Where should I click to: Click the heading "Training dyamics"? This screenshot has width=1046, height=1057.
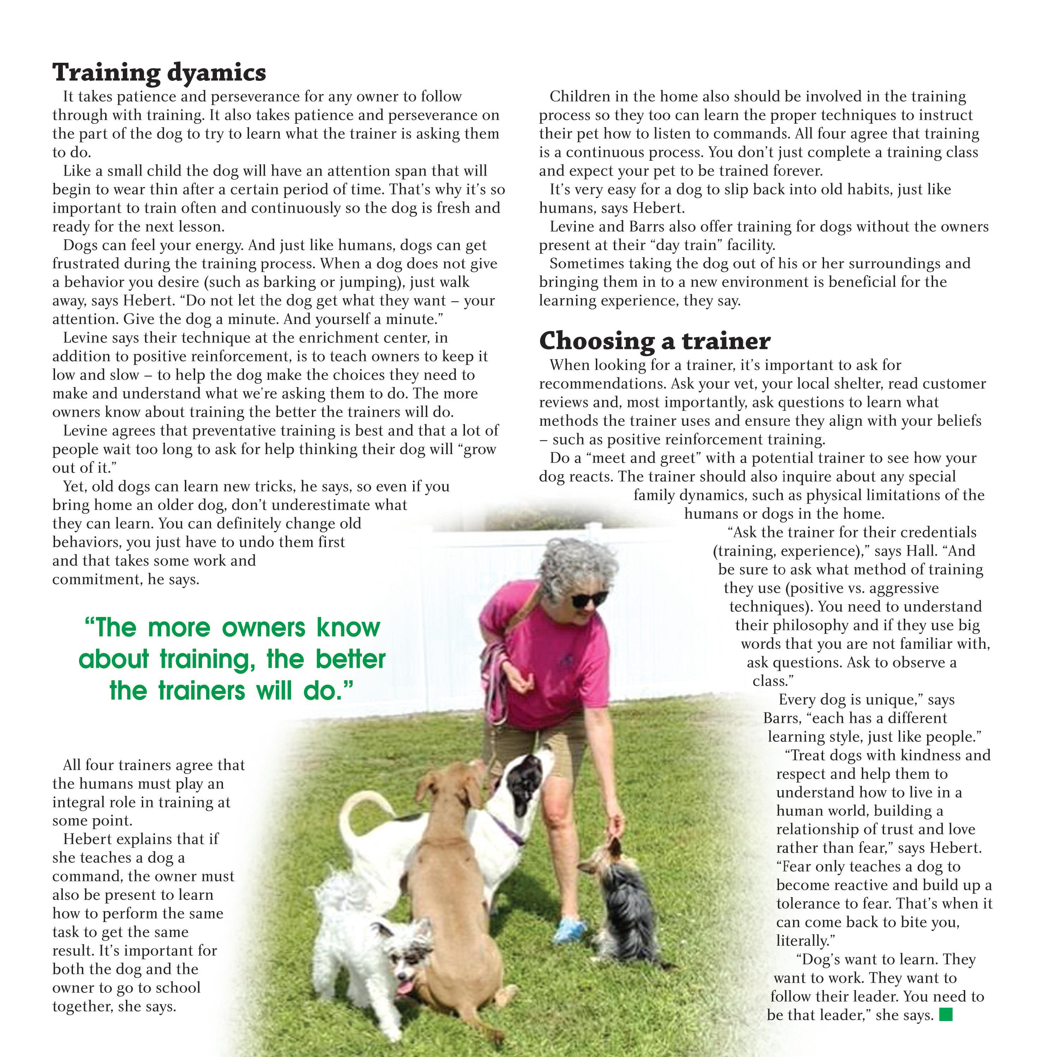tap(159, 72)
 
